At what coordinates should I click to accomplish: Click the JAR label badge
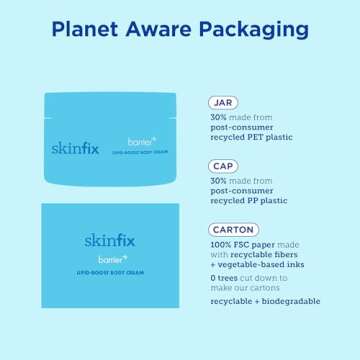click(x=223, y=103)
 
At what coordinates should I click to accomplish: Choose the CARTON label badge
click(x=233, y=230)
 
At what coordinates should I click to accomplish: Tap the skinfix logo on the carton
click(x=110, y=241)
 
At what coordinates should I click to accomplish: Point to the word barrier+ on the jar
click(x=140, y=142)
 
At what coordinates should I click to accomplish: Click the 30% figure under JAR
click(x=219, y=116)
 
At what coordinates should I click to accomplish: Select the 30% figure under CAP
click(x=219, y=180)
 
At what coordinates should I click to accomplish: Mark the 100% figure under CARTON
click(x=221, y=244)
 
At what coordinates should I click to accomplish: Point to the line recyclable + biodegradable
click(x=265, y=300)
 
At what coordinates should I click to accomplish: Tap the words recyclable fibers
click(x=259, y=254)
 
